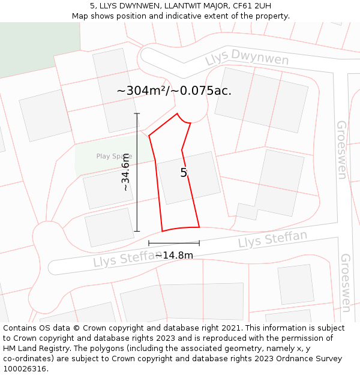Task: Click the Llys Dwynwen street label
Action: pyautogui.click(x=247, y=59)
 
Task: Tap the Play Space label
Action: pyautogui.click(x=114, y=157)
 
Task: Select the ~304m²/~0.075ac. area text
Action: pyautogui.click(x=174, y=91)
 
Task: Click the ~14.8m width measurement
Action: pyautogui.click(x=174, y=255)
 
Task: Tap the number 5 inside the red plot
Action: pyautogui.click(x=184, y=173)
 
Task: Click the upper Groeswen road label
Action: pyautogui.click(x=341, y=149)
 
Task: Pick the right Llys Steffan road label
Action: pyautogui.click(x=272, y=239)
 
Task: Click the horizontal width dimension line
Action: pyautogui.click(x=174, y=243)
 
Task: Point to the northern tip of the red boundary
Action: pyautogui.click(x=177, y=113)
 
